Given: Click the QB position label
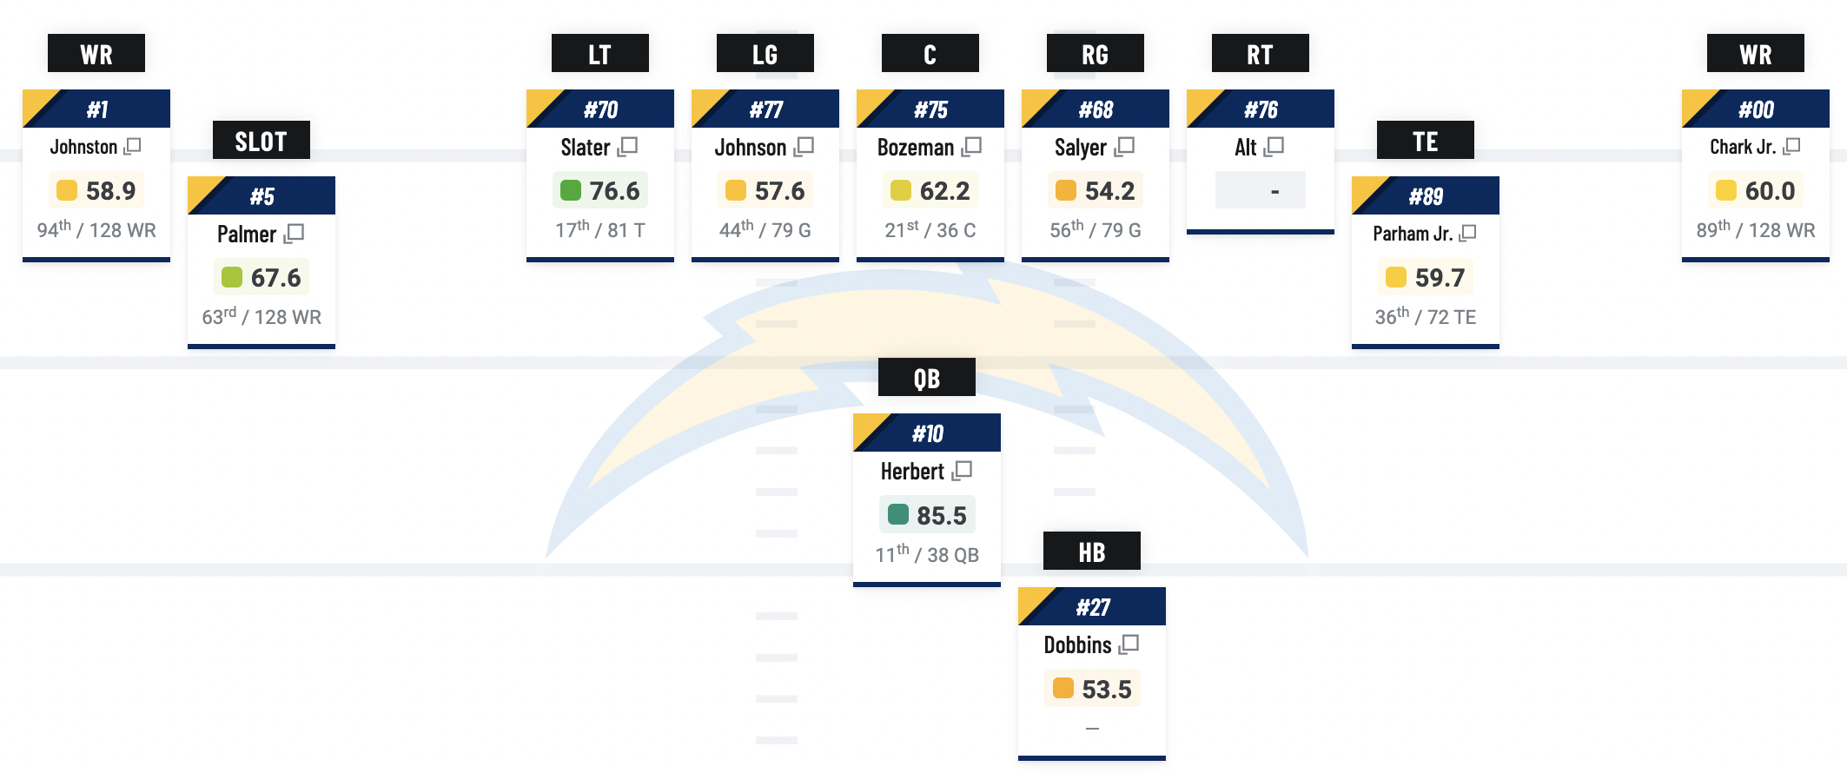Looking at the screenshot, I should [926, 378].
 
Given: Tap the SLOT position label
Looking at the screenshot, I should [261, 141].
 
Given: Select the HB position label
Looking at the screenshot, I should [1091, 552].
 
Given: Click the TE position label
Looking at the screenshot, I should [1425, 141].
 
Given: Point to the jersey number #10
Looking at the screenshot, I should [927, 433].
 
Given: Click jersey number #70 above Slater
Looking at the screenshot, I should [600, 109].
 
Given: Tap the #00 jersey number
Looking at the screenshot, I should [1756, 109].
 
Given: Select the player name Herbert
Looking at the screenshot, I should [912, 472].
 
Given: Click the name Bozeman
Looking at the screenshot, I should [916, 148].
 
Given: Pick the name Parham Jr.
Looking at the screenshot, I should [1413, 234].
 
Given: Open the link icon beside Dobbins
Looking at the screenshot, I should [1129, 644].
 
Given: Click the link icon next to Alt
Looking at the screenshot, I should [1274, 147].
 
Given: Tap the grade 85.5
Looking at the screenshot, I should [942, 516].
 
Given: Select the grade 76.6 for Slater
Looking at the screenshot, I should [614, 191].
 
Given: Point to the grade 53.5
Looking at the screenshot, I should [1107, 690].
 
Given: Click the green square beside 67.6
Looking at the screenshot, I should [232, 277].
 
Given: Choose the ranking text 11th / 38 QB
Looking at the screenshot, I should [927, 554].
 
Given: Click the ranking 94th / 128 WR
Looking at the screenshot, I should [96, 230].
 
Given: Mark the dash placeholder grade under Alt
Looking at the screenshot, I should [1274, 191].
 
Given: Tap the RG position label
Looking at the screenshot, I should [1095, 54].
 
